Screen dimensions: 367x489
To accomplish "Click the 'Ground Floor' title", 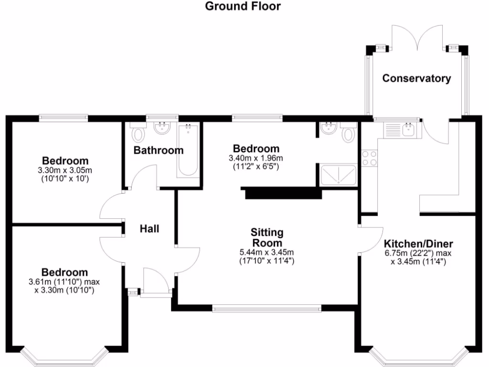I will click(243, 6).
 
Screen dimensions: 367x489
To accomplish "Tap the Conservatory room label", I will click(416, 78).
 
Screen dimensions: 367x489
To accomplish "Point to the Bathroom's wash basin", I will click(162, 128).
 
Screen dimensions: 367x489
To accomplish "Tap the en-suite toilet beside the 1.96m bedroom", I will click(349, 132).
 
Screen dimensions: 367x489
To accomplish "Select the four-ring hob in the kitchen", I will click(369, 158).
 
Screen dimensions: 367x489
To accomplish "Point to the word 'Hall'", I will click(149, 229).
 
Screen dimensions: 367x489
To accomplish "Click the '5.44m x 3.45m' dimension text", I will click(266, 253).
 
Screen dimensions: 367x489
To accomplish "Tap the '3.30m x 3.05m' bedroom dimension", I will click(65, 171).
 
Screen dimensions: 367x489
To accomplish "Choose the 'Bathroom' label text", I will click(158, 151).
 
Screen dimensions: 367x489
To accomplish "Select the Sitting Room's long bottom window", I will click(267, 308).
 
